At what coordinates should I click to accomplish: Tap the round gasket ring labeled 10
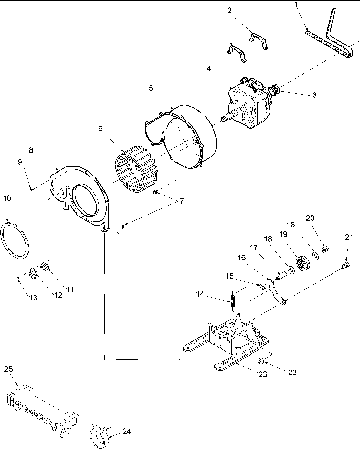coord(16,239)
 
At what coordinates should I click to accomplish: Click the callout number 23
coord(263,374)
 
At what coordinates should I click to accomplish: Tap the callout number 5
coord(151,88)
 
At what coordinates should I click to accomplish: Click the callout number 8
coord(31,150)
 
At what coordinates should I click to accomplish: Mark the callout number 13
coord(33,298)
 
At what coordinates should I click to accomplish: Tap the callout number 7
coord(182,201)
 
